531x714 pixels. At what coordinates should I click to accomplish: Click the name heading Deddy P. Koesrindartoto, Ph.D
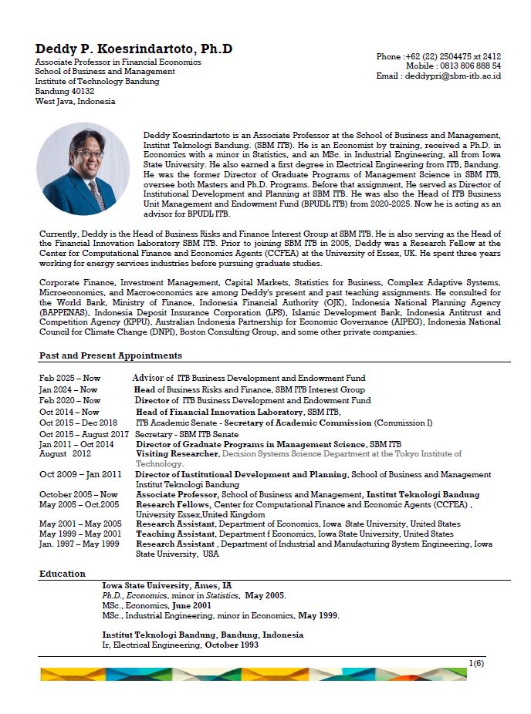[134, 49]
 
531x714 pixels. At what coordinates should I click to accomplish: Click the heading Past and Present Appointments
[110, 355]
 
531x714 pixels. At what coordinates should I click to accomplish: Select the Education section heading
[63, 574]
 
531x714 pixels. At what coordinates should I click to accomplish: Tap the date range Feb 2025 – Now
[70, 379]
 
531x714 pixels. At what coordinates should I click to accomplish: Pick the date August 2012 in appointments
[65, 454]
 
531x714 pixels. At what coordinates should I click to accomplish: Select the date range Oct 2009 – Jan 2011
[80, 475]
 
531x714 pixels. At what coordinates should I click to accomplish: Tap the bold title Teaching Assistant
[175, 534]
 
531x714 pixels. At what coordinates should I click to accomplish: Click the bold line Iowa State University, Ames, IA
[161, 585]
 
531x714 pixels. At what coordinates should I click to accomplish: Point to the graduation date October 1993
[232, 645]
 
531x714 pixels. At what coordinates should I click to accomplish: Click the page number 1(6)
[475, 663]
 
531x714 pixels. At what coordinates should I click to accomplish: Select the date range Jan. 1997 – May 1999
[79, 544]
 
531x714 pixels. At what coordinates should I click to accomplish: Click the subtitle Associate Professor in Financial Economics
[118, 62]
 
